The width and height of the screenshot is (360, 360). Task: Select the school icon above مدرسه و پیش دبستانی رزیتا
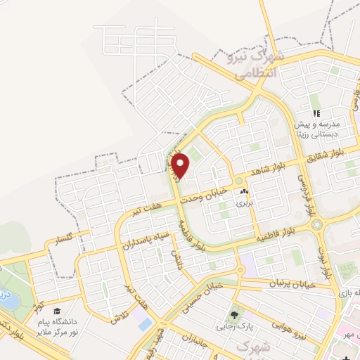(316, 113)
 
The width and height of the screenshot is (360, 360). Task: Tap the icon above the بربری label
(244, 191)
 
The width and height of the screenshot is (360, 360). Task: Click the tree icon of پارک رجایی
(234, 314)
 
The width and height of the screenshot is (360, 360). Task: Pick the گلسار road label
(59, 243)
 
